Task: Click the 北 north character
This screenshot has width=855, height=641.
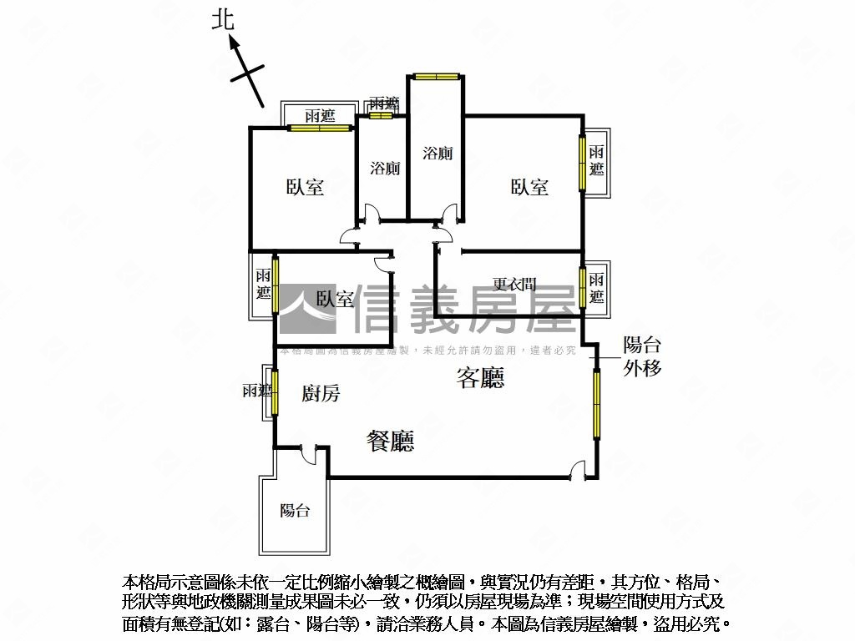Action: click(x=222, y=21)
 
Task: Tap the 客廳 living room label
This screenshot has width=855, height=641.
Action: click(x=480, y=379)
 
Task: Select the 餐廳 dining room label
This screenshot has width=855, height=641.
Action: click(x=391, y=441)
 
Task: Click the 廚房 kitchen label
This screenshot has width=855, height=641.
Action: click(x=321, y=394)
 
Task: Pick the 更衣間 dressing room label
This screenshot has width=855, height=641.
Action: click(x=514, y=285)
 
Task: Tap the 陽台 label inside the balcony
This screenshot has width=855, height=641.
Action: click(x=295, y=511)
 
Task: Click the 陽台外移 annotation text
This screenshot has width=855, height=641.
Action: click(x=643, y=356)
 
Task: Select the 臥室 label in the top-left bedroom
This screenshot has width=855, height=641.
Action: click(x=305, y=188)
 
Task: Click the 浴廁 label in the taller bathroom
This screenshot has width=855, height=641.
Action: click(x=438, y=154)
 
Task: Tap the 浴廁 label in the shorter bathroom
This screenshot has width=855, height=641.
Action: click(x=385, y=169)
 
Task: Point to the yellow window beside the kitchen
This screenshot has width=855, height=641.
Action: click(x=274, y=391)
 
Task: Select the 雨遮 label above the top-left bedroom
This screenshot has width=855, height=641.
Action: click(x=320, y=115)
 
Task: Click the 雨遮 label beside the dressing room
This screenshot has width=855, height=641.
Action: click(x=596, y=288)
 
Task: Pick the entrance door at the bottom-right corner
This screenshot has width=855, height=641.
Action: click(x=576, y=474)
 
